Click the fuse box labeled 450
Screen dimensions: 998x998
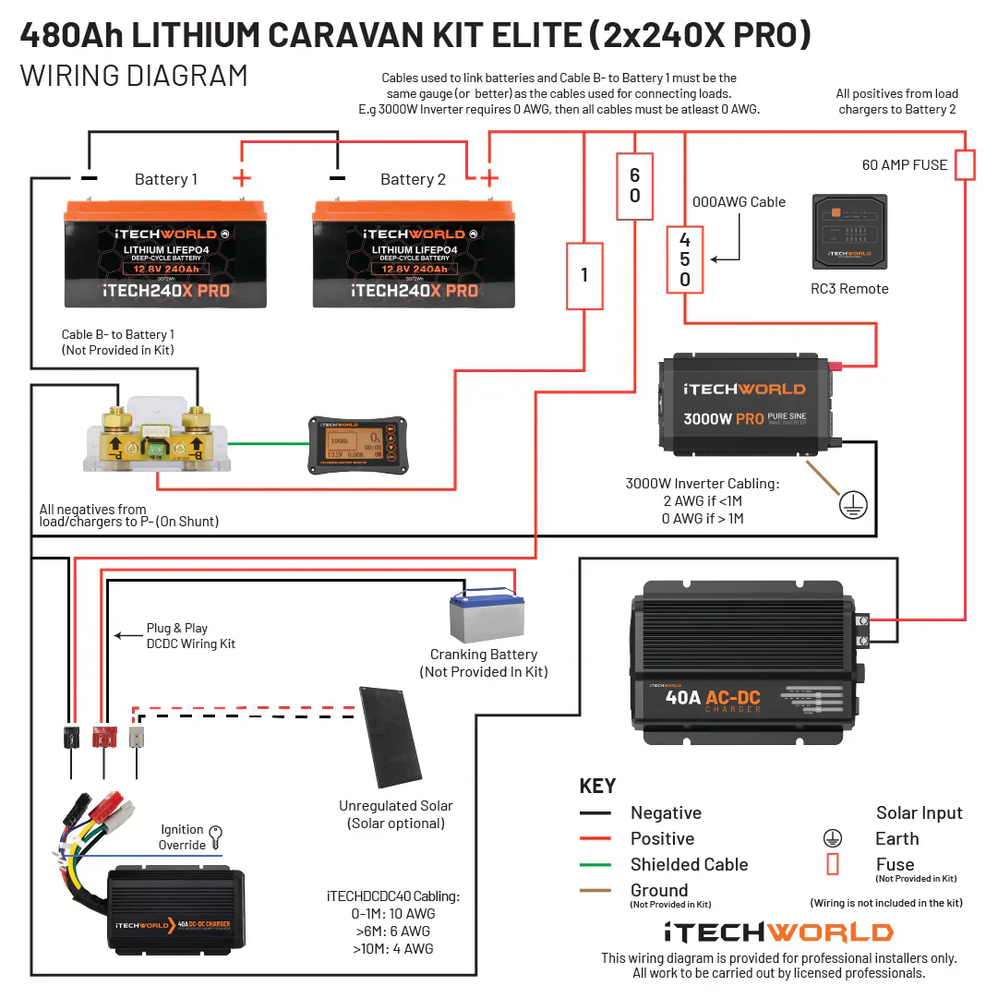(684, 259)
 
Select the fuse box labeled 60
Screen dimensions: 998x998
(634, 186)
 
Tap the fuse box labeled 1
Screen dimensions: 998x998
(584, 275)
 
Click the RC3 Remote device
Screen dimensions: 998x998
(848, 232)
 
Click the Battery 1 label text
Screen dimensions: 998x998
(166, 179)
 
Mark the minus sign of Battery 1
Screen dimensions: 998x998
(89, 177)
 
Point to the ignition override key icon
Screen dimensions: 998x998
(217, 836)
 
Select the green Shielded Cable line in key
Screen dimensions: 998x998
(595, 865)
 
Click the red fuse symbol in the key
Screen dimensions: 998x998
(832, 864)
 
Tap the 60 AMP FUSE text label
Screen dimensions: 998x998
(905, 164)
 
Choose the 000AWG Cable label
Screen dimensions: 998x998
(739, 201)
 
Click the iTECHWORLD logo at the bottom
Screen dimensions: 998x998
(778, 932)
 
